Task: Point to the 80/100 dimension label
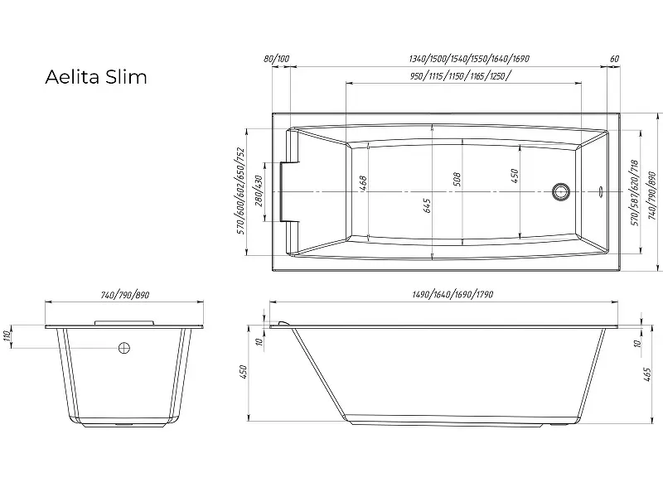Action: pos(277,59)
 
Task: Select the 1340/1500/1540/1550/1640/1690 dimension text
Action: pos(469,59)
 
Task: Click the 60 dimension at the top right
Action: pos(614,59)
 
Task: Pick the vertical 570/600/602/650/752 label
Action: pos(240,191)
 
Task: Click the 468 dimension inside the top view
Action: pos(361,184)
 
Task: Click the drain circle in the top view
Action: pos(561,191)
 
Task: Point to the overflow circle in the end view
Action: pos(124,349)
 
